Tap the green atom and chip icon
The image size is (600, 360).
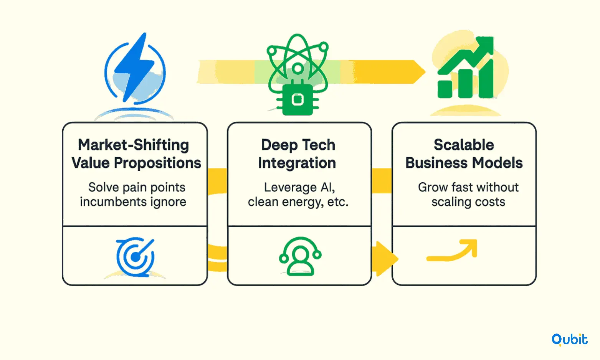298,74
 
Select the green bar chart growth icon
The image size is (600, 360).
466,68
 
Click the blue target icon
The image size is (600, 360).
135,257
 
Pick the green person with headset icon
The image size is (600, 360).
300,256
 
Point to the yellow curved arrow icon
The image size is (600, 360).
452,251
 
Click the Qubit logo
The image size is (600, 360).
569,340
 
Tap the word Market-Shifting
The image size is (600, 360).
133,145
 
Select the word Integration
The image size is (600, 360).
297,163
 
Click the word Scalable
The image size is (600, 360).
464,145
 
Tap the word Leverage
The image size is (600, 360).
290,188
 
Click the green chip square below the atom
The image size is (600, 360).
298,100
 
